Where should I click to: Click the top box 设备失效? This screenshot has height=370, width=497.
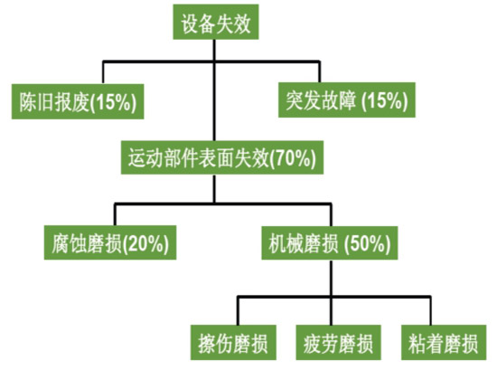pos(216,22)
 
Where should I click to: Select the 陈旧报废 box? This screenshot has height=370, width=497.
pos(78,101)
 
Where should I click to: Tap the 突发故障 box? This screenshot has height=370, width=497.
pos(347,100)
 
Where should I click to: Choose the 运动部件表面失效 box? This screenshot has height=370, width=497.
pos(222,157)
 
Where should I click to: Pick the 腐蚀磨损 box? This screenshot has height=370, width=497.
pos(110,242)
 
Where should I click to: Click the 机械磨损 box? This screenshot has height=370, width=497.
pos(330,243)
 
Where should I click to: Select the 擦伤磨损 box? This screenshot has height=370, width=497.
pos(233,343)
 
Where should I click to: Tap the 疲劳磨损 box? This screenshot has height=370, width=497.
pos(339,343)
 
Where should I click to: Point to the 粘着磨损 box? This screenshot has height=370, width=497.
pos(444,343)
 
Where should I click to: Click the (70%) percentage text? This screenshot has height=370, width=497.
pos(292,158)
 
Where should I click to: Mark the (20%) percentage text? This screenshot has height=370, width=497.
pos(145,243)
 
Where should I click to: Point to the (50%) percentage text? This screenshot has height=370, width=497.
pos(367,243)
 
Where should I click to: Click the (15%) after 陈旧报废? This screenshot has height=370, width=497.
pos(113,102)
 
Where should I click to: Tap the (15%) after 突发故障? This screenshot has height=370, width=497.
pos(384,100)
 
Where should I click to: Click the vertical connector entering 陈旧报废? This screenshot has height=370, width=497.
pos(103,72)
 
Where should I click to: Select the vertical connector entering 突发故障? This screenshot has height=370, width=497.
pos(320,71)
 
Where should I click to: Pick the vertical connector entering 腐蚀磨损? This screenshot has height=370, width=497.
pos(115,214)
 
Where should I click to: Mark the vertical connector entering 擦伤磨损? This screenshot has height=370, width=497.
pos(238,311)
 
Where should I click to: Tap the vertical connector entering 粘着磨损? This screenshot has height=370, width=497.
pos(430,311)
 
